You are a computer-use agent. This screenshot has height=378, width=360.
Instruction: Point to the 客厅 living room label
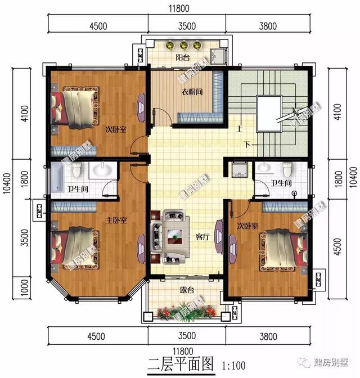202,237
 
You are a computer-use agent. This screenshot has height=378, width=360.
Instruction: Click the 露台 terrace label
187,291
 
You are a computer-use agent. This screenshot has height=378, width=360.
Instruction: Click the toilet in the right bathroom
288,169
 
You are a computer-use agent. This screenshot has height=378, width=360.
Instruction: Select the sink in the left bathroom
103,170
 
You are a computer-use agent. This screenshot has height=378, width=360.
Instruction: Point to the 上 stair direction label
239,128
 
